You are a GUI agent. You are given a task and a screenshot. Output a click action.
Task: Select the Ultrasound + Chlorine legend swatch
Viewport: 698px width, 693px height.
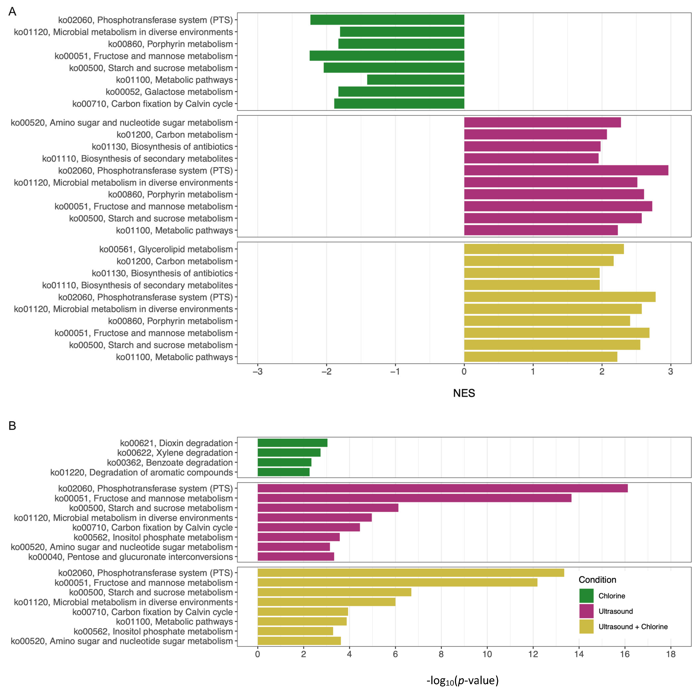click(586, 626)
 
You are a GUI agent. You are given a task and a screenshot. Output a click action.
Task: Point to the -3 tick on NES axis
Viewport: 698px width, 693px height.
click(258, 372)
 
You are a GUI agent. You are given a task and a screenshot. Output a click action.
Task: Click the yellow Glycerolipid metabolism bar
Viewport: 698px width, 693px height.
click(544, 249)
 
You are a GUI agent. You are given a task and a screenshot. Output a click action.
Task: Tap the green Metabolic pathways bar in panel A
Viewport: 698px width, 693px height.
click(415, 80)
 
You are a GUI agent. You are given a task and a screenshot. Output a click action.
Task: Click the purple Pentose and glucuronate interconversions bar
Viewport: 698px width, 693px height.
click(296, 557)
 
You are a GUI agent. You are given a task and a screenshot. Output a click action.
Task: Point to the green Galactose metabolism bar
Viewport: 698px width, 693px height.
click(401, 92)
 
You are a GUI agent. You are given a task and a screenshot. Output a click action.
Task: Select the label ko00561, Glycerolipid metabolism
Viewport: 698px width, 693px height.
click(166, 249)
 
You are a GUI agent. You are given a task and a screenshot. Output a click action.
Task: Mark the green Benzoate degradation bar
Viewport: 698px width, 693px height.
click(284, 462)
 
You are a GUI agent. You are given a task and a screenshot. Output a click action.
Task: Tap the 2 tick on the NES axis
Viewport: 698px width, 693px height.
click(602, 372)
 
